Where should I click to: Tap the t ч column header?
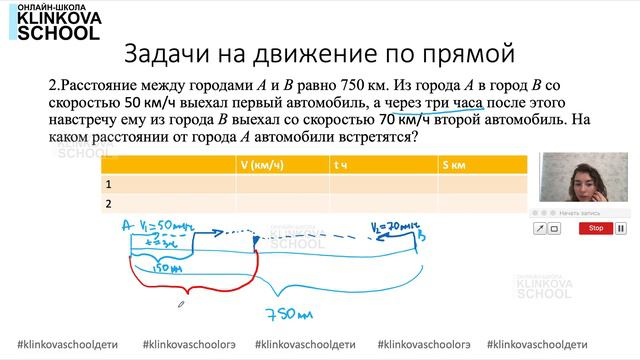(x=342, y=164)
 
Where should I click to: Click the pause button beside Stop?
(x=619, y=228)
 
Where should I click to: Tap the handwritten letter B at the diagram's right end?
(x=423, y=238)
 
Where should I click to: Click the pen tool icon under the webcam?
(x=540, y=228)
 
